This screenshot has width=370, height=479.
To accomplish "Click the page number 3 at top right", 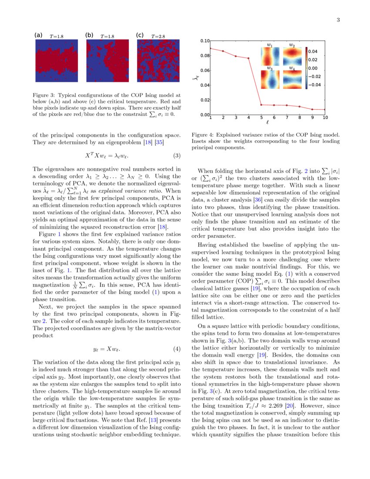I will coord(338,20).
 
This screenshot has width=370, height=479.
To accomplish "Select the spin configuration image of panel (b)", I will coord(107,61).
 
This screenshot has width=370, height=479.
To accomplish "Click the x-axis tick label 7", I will coord(287,118).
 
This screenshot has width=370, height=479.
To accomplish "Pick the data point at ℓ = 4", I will coord(249,58).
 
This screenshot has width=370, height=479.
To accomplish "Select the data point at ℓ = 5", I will coord(261,105).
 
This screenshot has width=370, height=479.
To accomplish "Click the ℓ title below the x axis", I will coord(268,123).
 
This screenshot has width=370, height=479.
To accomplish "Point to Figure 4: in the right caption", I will coord(203,135).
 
